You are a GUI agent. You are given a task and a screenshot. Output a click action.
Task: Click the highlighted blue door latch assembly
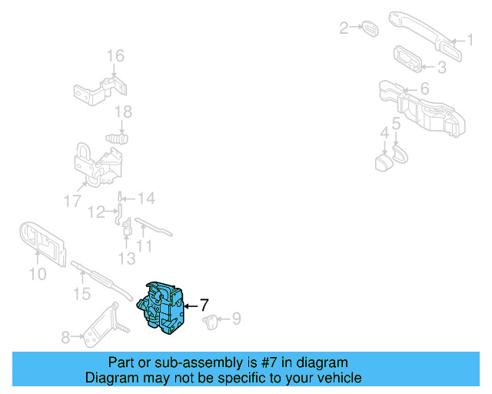click(163, 308)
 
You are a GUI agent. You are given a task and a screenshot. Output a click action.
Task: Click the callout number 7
click(204, 305)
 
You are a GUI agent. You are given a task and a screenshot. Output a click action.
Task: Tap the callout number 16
click(115, 55)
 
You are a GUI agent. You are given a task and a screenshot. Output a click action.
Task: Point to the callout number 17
click(72, 202)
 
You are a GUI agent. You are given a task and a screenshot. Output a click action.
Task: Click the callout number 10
click(37, 273)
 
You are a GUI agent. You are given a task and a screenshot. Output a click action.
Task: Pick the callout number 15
click(81, 293)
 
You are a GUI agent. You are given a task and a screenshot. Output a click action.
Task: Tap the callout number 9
click(236, 317)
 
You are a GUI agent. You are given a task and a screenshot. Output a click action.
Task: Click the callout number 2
click(344, 28)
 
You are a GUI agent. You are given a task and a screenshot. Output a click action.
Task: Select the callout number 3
click(441, 68)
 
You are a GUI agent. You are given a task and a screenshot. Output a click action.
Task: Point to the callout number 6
click(424, 89)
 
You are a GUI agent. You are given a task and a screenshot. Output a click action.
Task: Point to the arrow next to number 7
click(191, 306)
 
